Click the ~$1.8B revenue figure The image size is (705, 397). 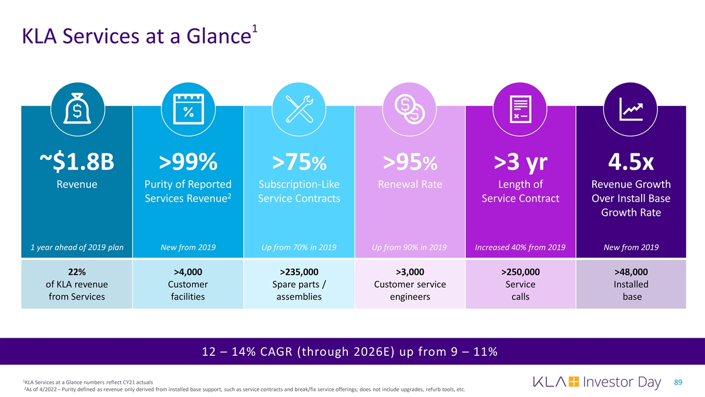77,161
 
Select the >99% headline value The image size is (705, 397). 188,161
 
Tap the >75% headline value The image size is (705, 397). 299,161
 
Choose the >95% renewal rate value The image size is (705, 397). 410,161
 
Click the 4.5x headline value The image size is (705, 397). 631,161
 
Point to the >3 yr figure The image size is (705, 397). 521,161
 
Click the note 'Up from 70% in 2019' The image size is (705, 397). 299,248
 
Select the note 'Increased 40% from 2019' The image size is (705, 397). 521,248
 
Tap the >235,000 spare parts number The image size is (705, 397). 299,272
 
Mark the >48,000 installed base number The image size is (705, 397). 631,272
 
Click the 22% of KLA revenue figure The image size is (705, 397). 77,272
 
